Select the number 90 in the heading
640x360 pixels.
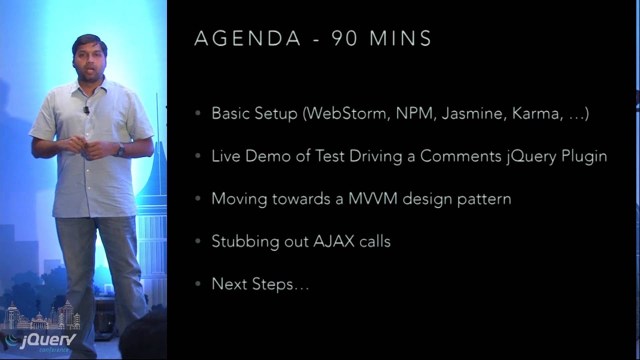344,38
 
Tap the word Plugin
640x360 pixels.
584,156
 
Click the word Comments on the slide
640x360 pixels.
458,156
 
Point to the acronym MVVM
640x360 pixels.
373,198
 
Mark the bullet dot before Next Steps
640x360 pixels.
198,284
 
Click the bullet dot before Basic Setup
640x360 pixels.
198,113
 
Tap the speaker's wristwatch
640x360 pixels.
120,149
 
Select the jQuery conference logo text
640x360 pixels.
47,341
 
